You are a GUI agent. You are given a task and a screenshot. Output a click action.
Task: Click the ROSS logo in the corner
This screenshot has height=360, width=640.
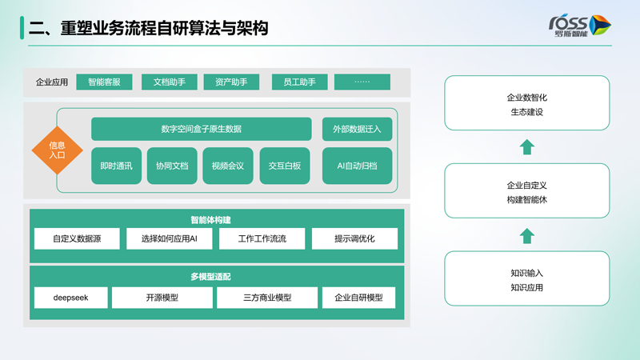579,25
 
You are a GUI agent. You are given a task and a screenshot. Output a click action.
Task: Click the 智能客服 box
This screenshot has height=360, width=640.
104,82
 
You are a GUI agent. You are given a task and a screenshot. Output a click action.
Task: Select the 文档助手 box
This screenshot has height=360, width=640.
170,82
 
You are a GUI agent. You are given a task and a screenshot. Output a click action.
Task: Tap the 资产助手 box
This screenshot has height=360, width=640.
231,82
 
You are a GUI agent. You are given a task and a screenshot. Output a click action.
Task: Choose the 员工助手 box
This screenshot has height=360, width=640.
299,82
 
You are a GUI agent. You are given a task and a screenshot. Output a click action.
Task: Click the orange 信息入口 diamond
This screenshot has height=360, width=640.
58,150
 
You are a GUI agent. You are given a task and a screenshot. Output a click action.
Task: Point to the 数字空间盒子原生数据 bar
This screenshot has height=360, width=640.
201,129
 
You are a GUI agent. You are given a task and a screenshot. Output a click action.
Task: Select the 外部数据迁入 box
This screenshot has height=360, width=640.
357,129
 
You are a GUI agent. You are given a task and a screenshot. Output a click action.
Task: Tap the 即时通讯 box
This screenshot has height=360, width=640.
116,166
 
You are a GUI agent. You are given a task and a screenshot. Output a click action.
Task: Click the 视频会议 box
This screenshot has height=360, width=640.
228,166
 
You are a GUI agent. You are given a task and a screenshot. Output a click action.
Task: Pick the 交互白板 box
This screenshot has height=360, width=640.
285,166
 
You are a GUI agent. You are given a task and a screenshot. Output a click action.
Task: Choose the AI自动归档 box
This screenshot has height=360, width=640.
357,166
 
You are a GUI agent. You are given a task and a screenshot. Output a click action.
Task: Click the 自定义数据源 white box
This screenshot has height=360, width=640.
77,238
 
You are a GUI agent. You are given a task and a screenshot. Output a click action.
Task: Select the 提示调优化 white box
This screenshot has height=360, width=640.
354,238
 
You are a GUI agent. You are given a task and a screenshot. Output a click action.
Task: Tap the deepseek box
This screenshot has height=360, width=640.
70,298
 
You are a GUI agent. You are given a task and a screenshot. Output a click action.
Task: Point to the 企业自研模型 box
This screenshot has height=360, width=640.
358,298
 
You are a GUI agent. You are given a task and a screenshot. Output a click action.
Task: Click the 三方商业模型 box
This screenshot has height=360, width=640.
267,298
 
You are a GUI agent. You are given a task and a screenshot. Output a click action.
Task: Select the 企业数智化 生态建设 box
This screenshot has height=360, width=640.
526,104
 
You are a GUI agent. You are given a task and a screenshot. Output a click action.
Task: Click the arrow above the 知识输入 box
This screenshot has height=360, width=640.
526,236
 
